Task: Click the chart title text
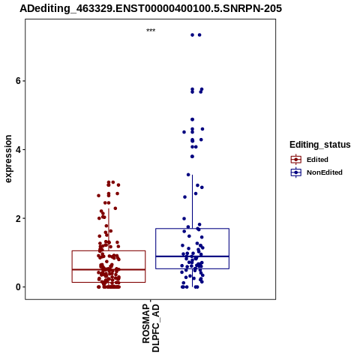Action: coord(151,8)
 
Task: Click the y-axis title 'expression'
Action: coord(8,159)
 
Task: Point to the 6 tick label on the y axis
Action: coord(18,81)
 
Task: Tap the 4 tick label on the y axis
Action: coord(18,149)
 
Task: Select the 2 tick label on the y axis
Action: coord(18,218)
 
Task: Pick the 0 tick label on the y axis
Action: coord(18,287)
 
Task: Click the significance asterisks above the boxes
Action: coord(151,31)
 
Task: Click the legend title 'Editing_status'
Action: coord(320,145)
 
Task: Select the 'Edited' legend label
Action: coord(317,160)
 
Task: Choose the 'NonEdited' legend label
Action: coord(325,172)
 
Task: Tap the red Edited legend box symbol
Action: coord(296,159)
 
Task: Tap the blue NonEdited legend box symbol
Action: coord(296,172)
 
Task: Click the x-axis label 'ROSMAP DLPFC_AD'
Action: coord(151,328)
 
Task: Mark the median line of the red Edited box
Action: coord(109,269)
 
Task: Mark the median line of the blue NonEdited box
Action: coord(192,256)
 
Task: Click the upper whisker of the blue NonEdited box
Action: coord(192,202)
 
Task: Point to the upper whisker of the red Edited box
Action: coord(109,229)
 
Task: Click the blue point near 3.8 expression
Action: coord(192,157)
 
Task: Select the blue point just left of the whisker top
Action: coord(188,175)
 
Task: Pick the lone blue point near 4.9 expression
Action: coord(192,119)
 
